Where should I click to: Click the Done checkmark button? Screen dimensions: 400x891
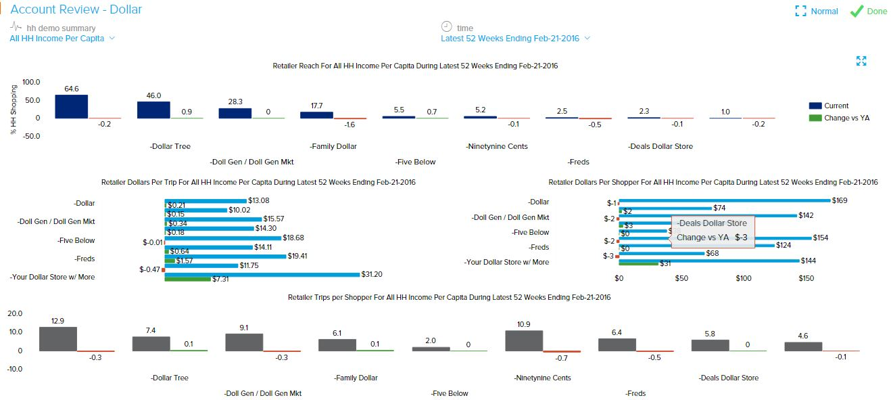pyautogui.click(x=868, y=11)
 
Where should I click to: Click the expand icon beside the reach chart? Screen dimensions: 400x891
pyautogui.click(x=861, y=62)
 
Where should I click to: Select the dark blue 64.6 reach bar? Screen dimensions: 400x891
pyautogui.click(x=72, y=106)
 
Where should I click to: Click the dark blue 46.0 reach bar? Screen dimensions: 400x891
pyautogui.click(x=153, y=110)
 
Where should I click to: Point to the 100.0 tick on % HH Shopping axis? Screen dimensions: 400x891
pyautogui.click(x=32, y=82)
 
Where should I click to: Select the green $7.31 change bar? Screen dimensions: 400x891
pyautogui.click(x=188, y=279)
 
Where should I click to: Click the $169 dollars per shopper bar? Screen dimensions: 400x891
pyautogui.click(x=724, y=200)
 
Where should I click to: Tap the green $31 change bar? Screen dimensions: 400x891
pyautogui.click(x=637, y=263)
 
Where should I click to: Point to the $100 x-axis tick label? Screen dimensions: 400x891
pyautogui.click(x=744, y=278)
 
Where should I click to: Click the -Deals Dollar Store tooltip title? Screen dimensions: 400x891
pyautogui.click(x=712, y=223)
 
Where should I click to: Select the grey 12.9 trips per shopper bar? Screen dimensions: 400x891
pyautogui.click(x=57, y=338)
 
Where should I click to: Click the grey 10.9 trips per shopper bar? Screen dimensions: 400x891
pyautogui.click(x=524, y=340)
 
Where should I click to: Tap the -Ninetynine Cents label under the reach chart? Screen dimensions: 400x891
pyautogui.click(x=497, y=146)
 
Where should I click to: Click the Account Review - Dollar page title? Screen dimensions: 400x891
pyautogui.click(x=76, y=9)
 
